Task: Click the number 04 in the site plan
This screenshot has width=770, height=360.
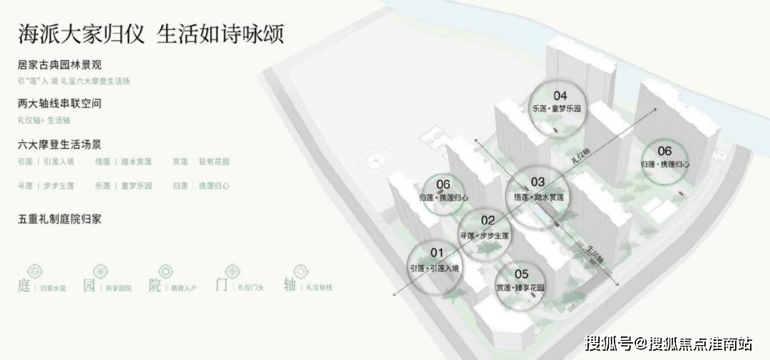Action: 560,96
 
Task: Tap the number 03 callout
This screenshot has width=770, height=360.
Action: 538,182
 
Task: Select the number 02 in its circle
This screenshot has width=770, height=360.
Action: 488,220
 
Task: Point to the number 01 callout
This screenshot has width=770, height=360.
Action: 436,252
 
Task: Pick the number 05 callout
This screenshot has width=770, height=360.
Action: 521,274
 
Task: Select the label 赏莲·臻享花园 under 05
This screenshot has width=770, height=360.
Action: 520,288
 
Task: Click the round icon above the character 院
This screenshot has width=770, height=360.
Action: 165,271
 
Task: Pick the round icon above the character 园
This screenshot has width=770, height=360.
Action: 99,271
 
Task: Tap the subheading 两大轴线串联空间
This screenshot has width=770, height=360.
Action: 60,103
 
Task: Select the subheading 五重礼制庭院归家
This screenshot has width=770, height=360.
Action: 60,218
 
